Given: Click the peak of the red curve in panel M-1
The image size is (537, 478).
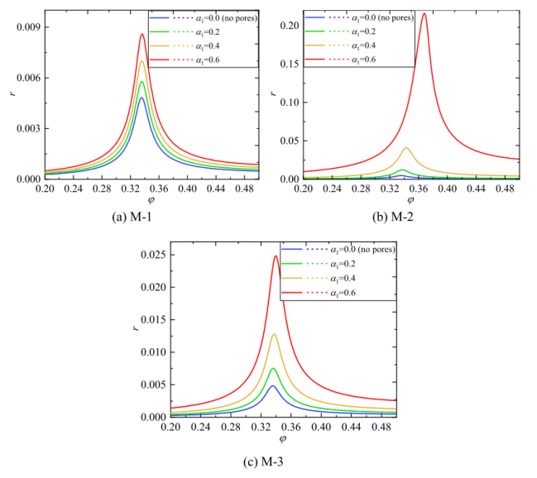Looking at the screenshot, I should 142,34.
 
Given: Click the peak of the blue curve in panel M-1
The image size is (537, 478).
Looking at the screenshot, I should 142,98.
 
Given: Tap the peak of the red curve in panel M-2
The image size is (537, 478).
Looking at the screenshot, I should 424,13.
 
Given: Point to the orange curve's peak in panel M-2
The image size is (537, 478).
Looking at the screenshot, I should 406,148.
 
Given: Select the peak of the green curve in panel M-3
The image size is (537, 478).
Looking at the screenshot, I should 273,369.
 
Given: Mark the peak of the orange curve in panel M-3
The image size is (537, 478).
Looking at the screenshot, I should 274,334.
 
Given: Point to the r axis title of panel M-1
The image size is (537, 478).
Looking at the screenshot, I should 11,95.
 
